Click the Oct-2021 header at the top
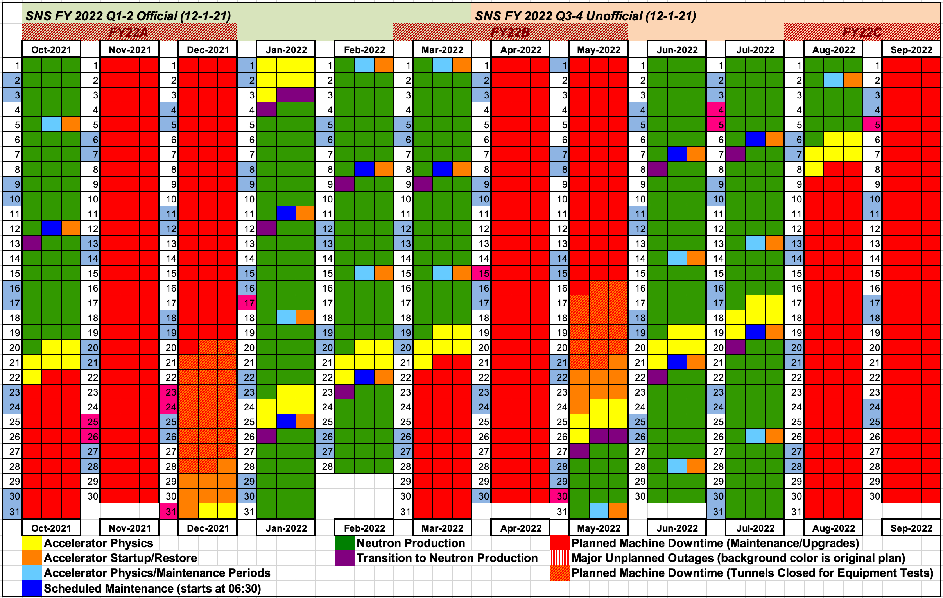point(51,50)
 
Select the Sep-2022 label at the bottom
point(911,528)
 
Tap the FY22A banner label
point(129,32)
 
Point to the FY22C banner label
point(862,32)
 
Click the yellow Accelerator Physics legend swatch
point(32,543)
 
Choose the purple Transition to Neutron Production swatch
point(344,558)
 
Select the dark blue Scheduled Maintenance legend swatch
point(32,588)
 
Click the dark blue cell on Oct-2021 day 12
point(51,229)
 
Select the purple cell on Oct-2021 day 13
point(32,243)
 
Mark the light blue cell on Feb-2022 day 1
point(364,65)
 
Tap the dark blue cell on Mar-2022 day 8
point(443,169)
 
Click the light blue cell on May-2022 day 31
point(599,511)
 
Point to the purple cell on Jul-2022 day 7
point(736,154)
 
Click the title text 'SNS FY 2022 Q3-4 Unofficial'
point(585,16)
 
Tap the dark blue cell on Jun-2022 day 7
point(677,154)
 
